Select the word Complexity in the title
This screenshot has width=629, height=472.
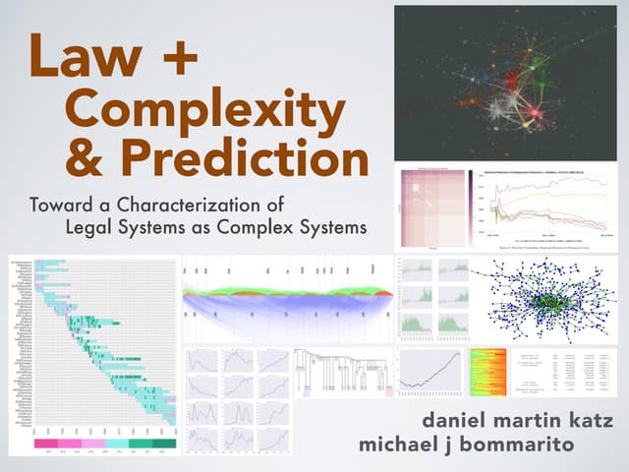pos(201,111)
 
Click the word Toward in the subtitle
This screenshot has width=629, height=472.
pos(61,206)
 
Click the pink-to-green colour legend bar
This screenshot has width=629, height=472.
pos(106,444)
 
